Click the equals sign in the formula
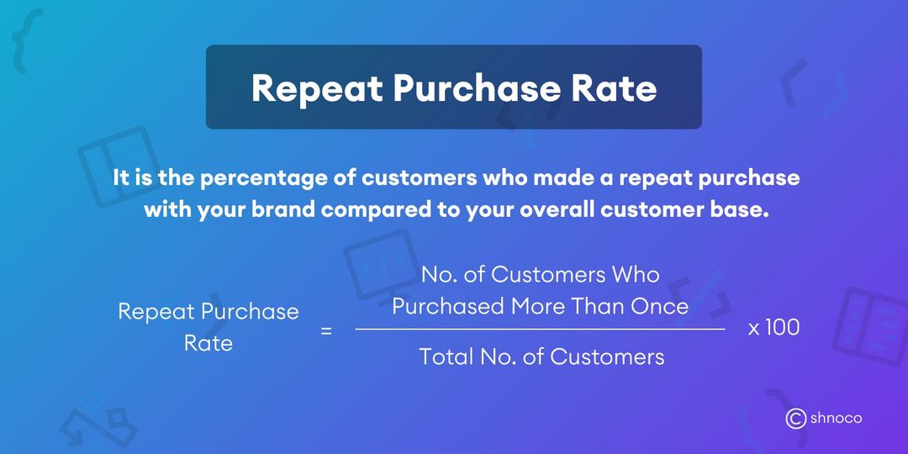click(326, 330)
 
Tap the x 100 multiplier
click(773, 328)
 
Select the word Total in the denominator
click(448, 357)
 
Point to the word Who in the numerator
click(636, 275)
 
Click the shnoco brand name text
click(836, 418)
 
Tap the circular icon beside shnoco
click(795, 418)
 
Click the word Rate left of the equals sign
click(208, 344)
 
